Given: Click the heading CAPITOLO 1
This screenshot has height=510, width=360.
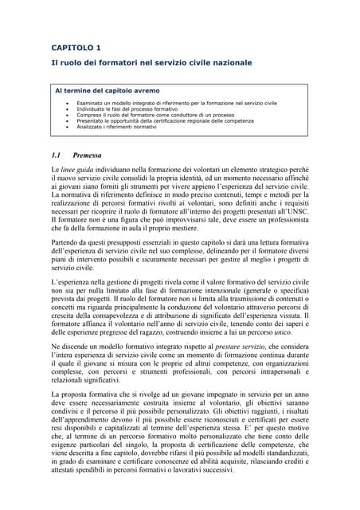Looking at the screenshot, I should pos(76,47).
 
